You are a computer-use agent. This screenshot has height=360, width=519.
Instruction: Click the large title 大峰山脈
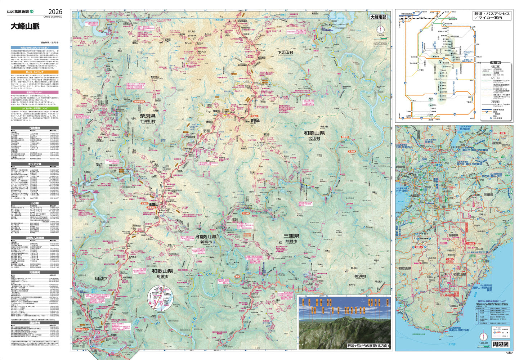[25, 27]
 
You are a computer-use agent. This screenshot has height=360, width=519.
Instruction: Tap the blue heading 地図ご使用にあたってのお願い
[34, 47]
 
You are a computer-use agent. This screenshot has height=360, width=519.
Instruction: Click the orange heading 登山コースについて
[34, 72]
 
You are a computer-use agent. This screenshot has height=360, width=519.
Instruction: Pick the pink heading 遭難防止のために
[34, 93]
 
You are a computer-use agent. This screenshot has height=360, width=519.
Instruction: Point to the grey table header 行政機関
[34, 127]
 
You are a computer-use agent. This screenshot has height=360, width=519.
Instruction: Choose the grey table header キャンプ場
[34, 164]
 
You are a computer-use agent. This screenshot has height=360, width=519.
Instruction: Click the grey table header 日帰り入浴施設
[34, 238]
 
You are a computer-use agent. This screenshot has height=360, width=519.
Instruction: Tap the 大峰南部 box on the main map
[378, 17]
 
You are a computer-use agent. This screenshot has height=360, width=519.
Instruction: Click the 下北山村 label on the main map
[285, 53]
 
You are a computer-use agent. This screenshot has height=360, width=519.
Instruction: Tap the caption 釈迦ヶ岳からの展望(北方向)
[368, 346]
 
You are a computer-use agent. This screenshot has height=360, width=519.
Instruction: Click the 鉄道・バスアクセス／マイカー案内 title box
[492, 15]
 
